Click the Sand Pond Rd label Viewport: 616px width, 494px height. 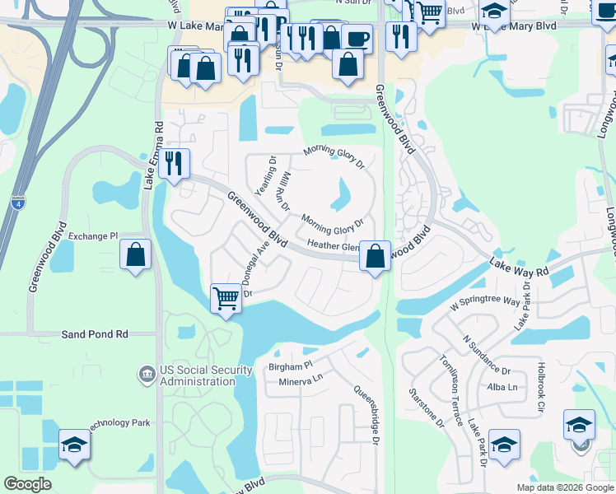[96, 334]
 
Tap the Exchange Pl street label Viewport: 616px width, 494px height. [94, 236]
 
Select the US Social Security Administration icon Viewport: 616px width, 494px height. [147, 374]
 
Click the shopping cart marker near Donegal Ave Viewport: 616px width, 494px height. [226, 298]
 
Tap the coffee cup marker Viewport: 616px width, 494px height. [357, 38]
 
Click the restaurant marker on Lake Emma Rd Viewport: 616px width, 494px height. [173, 162]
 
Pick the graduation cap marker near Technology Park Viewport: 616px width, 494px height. [74, 445]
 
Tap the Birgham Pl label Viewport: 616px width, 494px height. [291, 366]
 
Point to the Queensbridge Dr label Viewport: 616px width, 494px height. [366, 417]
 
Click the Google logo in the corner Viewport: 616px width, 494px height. [27, 484]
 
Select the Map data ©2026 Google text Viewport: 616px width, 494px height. [564, 487]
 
